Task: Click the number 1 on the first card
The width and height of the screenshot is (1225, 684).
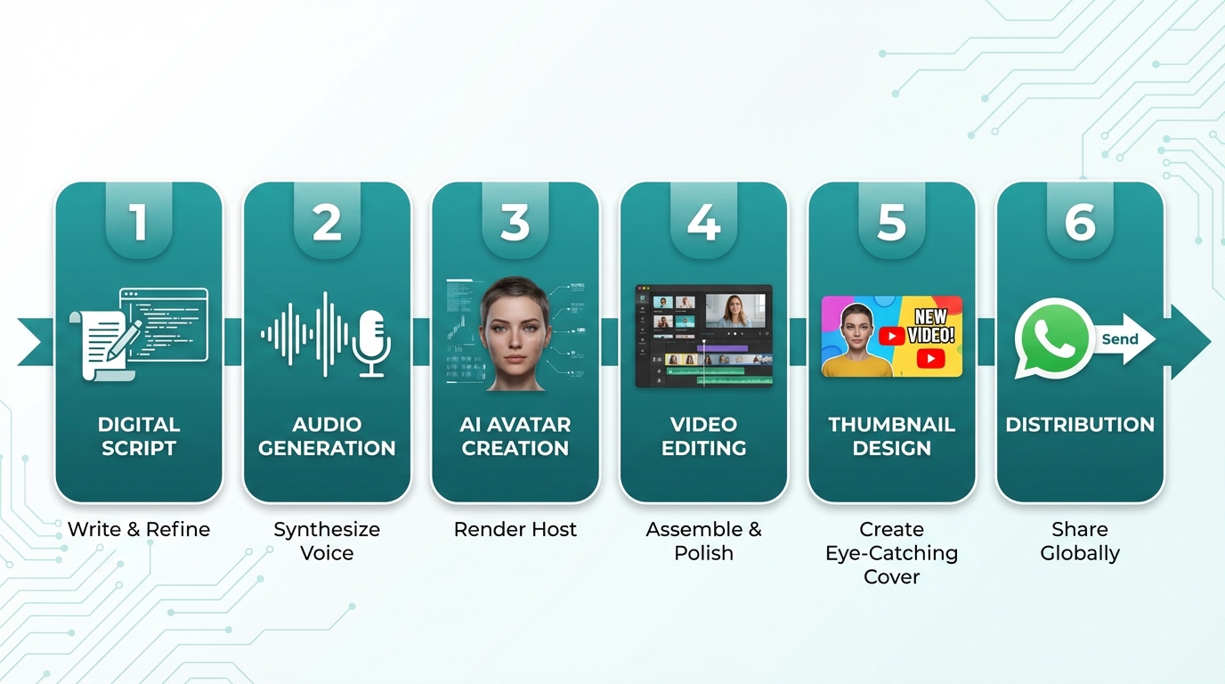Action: coord(138,222)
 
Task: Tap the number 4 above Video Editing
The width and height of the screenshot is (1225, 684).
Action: coord(703,222)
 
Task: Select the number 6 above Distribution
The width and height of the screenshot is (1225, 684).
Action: coord(1080,222)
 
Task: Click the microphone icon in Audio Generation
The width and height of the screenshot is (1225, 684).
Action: coord(370,343)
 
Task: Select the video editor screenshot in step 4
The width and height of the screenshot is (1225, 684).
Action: coord(703,336)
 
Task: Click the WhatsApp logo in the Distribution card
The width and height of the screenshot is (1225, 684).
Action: coord(1053,338)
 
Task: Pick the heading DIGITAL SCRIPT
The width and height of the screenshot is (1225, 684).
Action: coord(138,436)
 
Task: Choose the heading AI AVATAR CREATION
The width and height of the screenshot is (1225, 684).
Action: coord(515,436)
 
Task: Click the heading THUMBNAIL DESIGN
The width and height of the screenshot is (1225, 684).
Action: coord(891,436)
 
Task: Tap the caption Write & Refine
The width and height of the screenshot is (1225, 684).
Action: coord(139,529)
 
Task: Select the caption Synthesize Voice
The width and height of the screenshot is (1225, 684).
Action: coord(327,541)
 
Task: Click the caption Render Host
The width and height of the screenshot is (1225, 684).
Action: coord(515,529)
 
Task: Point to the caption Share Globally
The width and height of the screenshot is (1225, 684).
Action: coord(1080,541)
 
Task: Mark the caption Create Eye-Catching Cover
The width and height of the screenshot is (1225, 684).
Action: coord(891,552)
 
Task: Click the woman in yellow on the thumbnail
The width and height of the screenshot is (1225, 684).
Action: coord(856,343)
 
